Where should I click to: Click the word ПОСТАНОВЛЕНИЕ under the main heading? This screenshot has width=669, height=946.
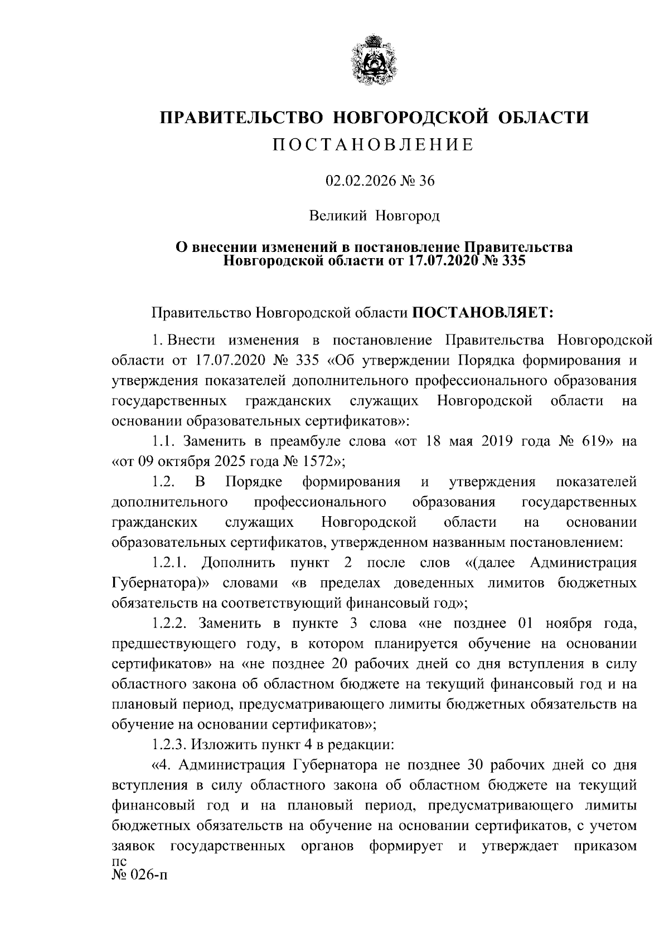click(374, 145)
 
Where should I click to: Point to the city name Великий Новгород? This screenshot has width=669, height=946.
click(375, 215)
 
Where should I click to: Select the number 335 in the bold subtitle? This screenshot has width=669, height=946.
click(510, 260)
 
